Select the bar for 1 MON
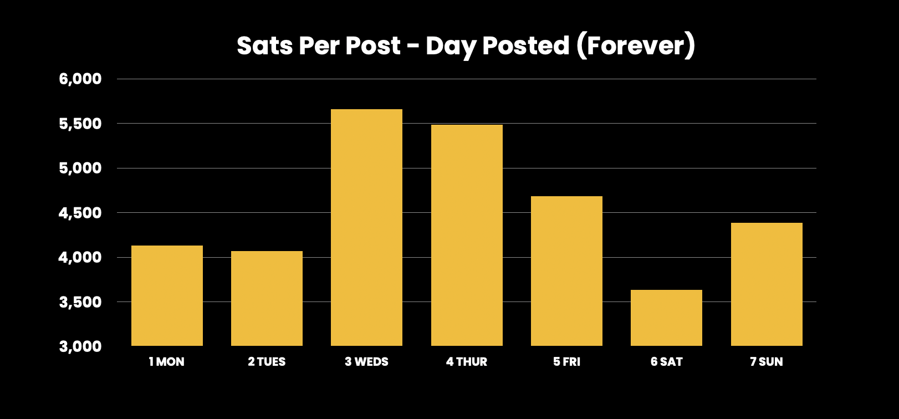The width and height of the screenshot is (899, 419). click(x=167, y=295)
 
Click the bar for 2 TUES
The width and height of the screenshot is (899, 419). click(x=267, y=298)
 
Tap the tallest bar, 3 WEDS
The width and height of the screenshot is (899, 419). click(x=366, y=227)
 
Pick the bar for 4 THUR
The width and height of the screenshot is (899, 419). click(x=467, y=235)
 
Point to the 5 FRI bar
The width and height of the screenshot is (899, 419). click(x=566, y=270)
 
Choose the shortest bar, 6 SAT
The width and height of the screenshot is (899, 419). click(x=666, y=318)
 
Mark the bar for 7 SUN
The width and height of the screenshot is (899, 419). click(x=767, y=284)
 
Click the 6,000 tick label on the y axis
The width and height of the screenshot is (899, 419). click(x=80, y=79)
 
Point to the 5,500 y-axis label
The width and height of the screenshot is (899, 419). click(x=80, y=124)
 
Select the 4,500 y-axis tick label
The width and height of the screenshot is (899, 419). click(x=80, y=213)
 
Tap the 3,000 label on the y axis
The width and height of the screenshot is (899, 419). click(x=80, y=346)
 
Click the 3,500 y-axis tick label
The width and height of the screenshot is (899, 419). click(x=80, y=302)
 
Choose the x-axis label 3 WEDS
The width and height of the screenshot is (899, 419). click(x=366, y=362)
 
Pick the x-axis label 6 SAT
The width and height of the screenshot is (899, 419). click(x=666, y=362)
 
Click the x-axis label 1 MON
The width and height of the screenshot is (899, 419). click(x=167, y=362)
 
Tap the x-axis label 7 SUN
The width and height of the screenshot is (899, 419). click(x=767, y=362)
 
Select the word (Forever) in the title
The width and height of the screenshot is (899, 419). click(x=636, y=45)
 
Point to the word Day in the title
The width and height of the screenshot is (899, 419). click(x=451, y=47)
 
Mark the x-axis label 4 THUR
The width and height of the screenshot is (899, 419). click(x=467, y=362)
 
